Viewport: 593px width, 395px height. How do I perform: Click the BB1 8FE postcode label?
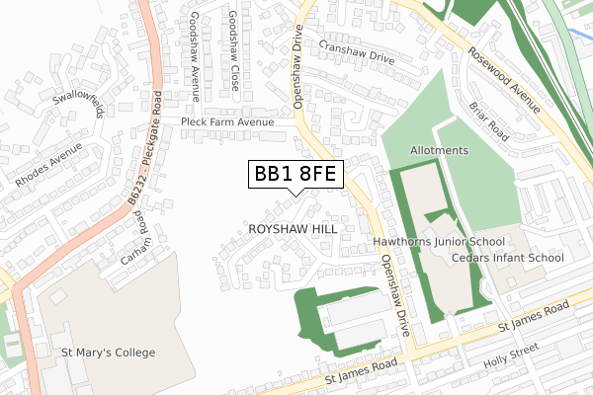click(296, 175)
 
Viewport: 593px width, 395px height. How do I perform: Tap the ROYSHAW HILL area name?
click(294, 229)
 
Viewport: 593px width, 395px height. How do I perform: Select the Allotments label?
click(439, 150)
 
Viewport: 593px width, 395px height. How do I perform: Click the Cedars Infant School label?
click(507, 258)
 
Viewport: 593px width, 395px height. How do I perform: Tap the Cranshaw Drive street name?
click(357, 52)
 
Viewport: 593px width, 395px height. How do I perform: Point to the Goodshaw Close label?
click(233, 51)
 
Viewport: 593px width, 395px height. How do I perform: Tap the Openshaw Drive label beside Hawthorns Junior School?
click(394, 291)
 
